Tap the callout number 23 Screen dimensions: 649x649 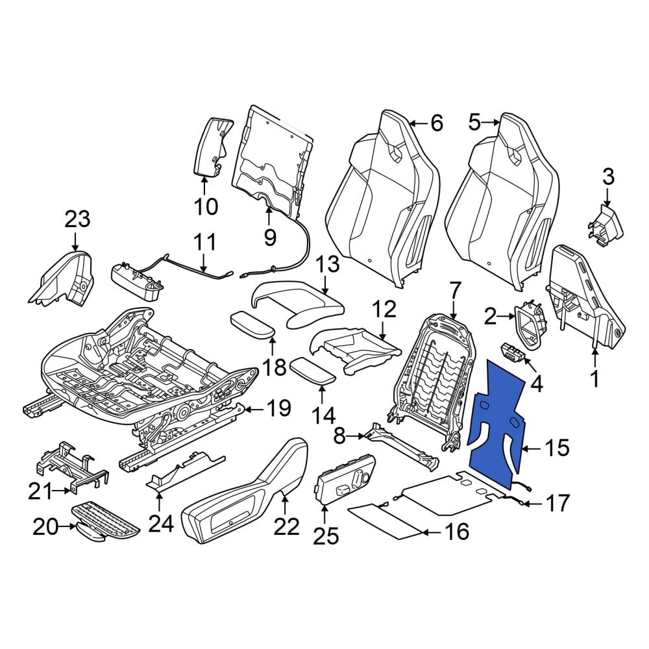click(77, 219)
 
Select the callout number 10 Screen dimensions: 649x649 click(206, 206)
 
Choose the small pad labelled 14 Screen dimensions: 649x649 click(313, 372)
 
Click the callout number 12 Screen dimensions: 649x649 click(384, 309)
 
